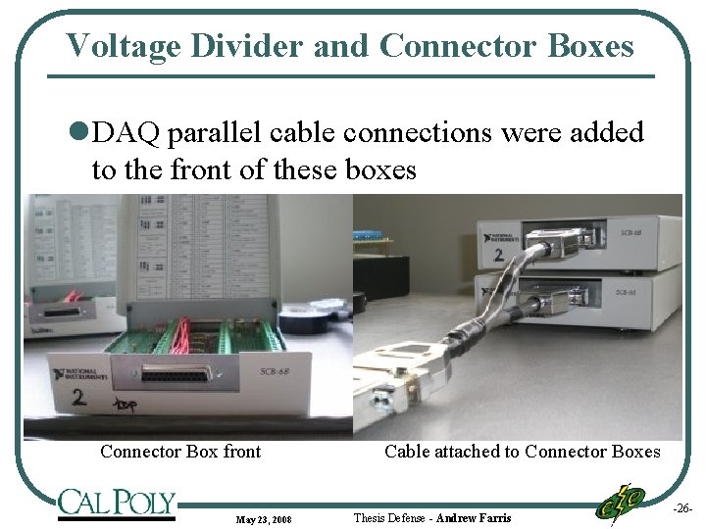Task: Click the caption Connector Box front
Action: click(x=180, y=452)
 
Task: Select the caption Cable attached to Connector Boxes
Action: click(x=522, y=452)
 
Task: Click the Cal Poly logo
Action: click(x=116, y=503)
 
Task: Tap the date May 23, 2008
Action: click(x=263, y=518)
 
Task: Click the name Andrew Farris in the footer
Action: click(x=473, y=517)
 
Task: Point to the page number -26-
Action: click(x=682, y=508)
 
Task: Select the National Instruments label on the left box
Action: click(x=84, y=375)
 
